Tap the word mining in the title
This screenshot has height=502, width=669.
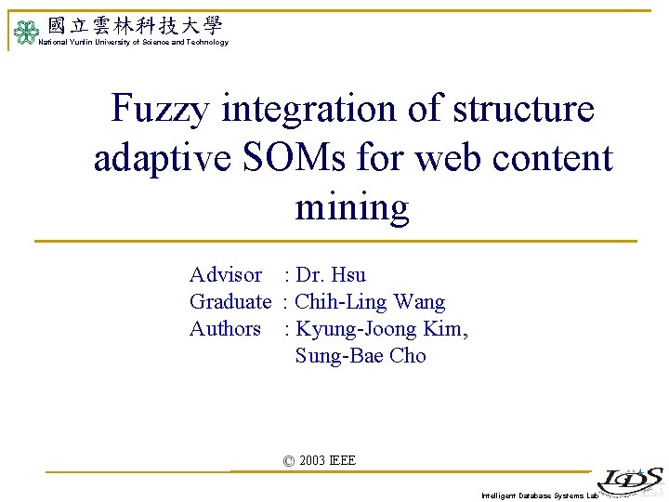tap(352, 206)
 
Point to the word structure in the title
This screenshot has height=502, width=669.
tap(523, 110)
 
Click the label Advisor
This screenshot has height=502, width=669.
tap(226, 275)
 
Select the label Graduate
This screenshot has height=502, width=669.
tap(230, 302)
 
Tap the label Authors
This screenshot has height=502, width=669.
tap(225, 329)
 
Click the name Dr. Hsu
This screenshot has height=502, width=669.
tap(331, 275)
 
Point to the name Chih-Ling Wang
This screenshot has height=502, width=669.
tap(370, 302)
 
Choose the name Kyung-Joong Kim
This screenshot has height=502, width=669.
tap(382, 329)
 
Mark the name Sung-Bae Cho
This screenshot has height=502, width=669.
tap(361, 356)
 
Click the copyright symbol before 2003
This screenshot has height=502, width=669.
tap(288, 461)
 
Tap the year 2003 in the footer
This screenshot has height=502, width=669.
tap(312, 461)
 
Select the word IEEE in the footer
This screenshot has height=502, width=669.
tap(342, 461)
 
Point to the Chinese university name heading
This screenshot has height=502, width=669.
tap(135, 25)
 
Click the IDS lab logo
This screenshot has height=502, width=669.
tap(630, 481)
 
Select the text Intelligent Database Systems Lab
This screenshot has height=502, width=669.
tap(539, 495)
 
